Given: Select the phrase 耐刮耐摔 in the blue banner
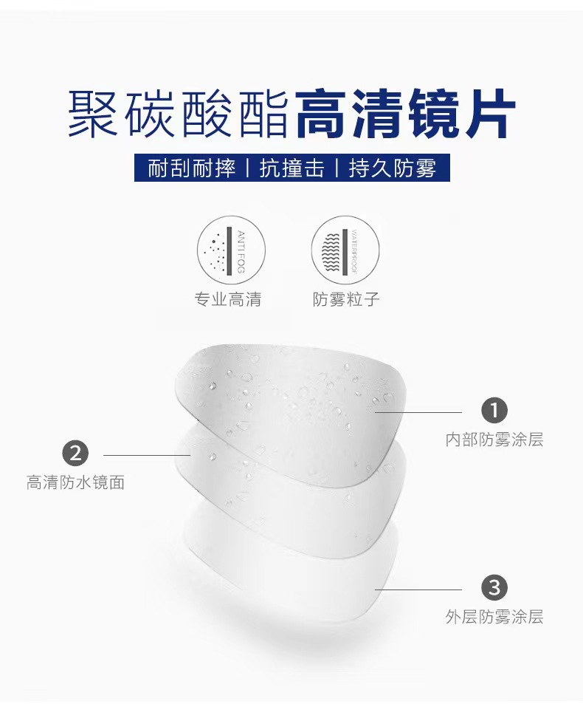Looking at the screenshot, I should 191,168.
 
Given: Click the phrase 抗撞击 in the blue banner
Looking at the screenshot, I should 292,168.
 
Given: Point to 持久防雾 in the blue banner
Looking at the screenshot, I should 393,168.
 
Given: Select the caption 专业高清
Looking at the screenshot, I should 227,299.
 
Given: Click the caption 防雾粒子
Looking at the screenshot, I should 346,299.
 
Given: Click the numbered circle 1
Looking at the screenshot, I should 494,410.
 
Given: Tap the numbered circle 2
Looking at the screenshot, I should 75,453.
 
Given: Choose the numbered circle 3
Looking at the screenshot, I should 494,588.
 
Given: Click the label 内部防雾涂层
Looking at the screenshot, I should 494,440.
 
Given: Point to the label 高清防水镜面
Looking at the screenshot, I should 75,483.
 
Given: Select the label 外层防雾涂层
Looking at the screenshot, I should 494,617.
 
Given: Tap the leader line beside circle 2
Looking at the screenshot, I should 148,455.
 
